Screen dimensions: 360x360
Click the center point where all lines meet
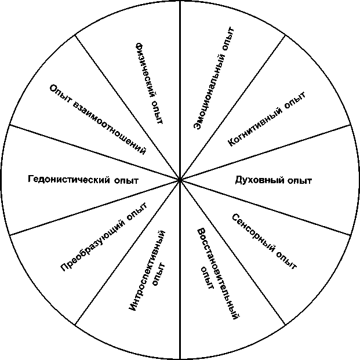pos(180,180)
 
